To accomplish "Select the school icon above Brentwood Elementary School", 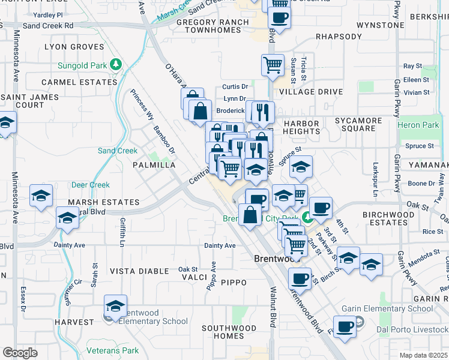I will click(115, 305).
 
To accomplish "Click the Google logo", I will click(20, 353).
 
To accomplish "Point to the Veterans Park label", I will click(113, 351).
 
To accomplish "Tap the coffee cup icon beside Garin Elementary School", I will click(345, 327).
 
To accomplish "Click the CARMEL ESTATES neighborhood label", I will click(79, 82).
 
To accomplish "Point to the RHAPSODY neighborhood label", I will click(339, 37).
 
